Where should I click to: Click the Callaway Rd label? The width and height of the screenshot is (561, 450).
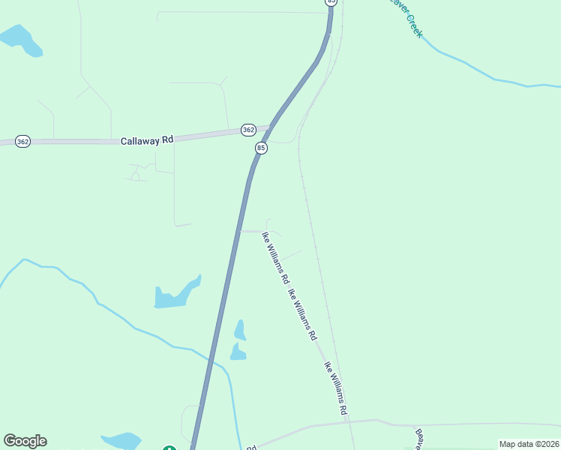pos(147,139)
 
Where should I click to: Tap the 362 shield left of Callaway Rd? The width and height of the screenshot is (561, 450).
pos(22,141)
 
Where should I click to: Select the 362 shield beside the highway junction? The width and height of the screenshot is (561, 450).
pos(248,130)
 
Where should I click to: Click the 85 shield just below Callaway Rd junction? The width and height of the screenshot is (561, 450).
pos(261,148)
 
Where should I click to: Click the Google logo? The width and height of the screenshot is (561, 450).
pos(25,441)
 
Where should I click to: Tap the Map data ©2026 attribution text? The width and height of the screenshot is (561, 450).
pos(529,444)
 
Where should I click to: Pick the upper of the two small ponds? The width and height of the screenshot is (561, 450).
pos(240,330)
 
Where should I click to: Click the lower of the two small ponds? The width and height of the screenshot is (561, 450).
pos(238,352)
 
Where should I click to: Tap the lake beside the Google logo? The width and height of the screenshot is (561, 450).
pos(121,441)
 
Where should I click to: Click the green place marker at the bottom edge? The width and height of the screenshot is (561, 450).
pos(169,448)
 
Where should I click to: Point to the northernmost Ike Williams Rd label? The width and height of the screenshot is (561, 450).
pos(275,257)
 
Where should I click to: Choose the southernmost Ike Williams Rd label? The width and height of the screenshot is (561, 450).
pos(336,388)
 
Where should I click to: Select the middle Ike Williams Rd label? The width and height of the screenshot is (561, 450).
pos(302,316)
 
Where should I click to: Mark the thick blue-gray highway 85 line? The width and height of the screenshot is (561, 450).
pos(225,300)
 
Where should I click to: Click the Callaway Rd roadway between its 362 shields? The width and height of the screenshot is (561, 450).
pos(202,136)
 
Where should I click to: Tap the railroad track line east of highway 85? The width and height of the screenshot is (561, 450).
pos(315,240)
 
